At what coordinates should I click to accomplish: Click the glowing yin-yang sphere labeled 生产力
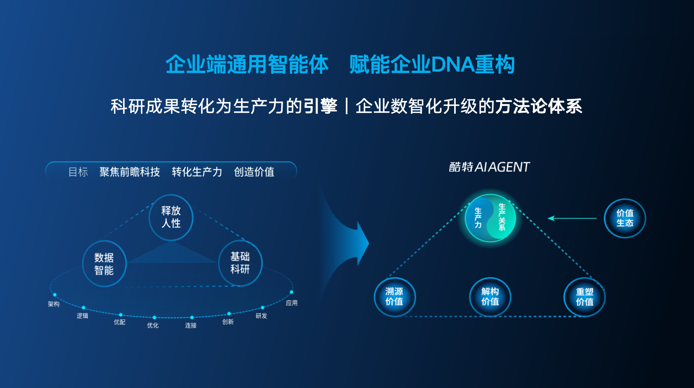pos(490,218)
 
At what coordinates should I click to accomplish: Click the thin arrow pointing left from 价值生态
pos(572,218)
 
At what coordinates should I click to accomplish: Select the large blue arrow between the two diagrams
pos(345,243)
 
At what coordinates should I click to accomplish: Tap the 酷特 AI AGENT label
pos(489,167)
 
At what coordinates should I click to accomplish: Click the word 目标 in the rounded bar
pos(78,172)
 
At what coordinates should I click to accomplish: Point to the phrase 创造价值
pos(254,172)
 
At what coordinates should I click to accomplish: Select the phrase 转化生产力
pos(197,172)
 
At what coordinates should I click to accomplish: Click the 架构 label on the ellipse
pos(54,304)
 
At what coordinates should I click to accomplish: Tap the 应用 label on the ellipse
pos(292,303)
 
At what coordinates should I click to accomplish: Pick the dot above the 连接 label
pos(192,317)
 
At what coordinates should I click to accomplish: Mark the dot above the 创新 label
pos(229,314)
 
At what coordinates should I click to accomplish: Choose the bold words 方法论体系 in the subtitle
pos(539,106)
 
